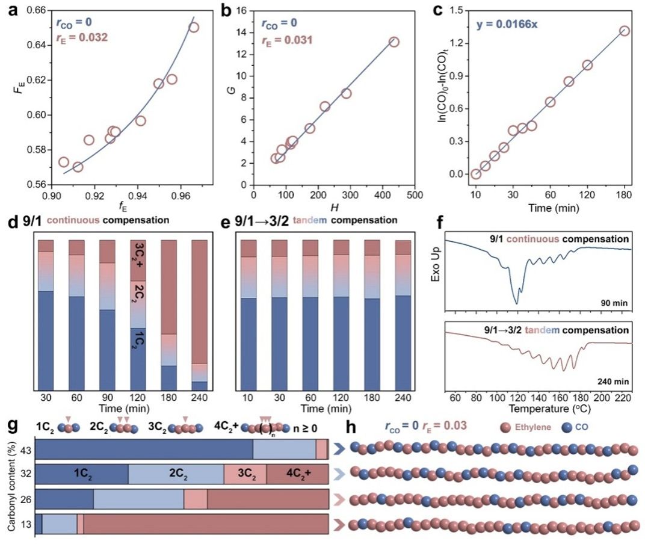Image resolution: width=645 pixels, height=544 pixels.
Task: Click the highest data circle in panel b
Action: pyautogui.click(x=393, y=42)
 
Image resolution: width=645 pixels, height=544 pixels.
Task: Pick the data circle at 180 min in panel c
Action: pyautogui.click(x=625, y=31)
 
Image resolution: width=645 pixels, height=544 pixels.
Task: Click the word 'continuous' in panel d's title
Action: pyautogui.click(x=75, y=220)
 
